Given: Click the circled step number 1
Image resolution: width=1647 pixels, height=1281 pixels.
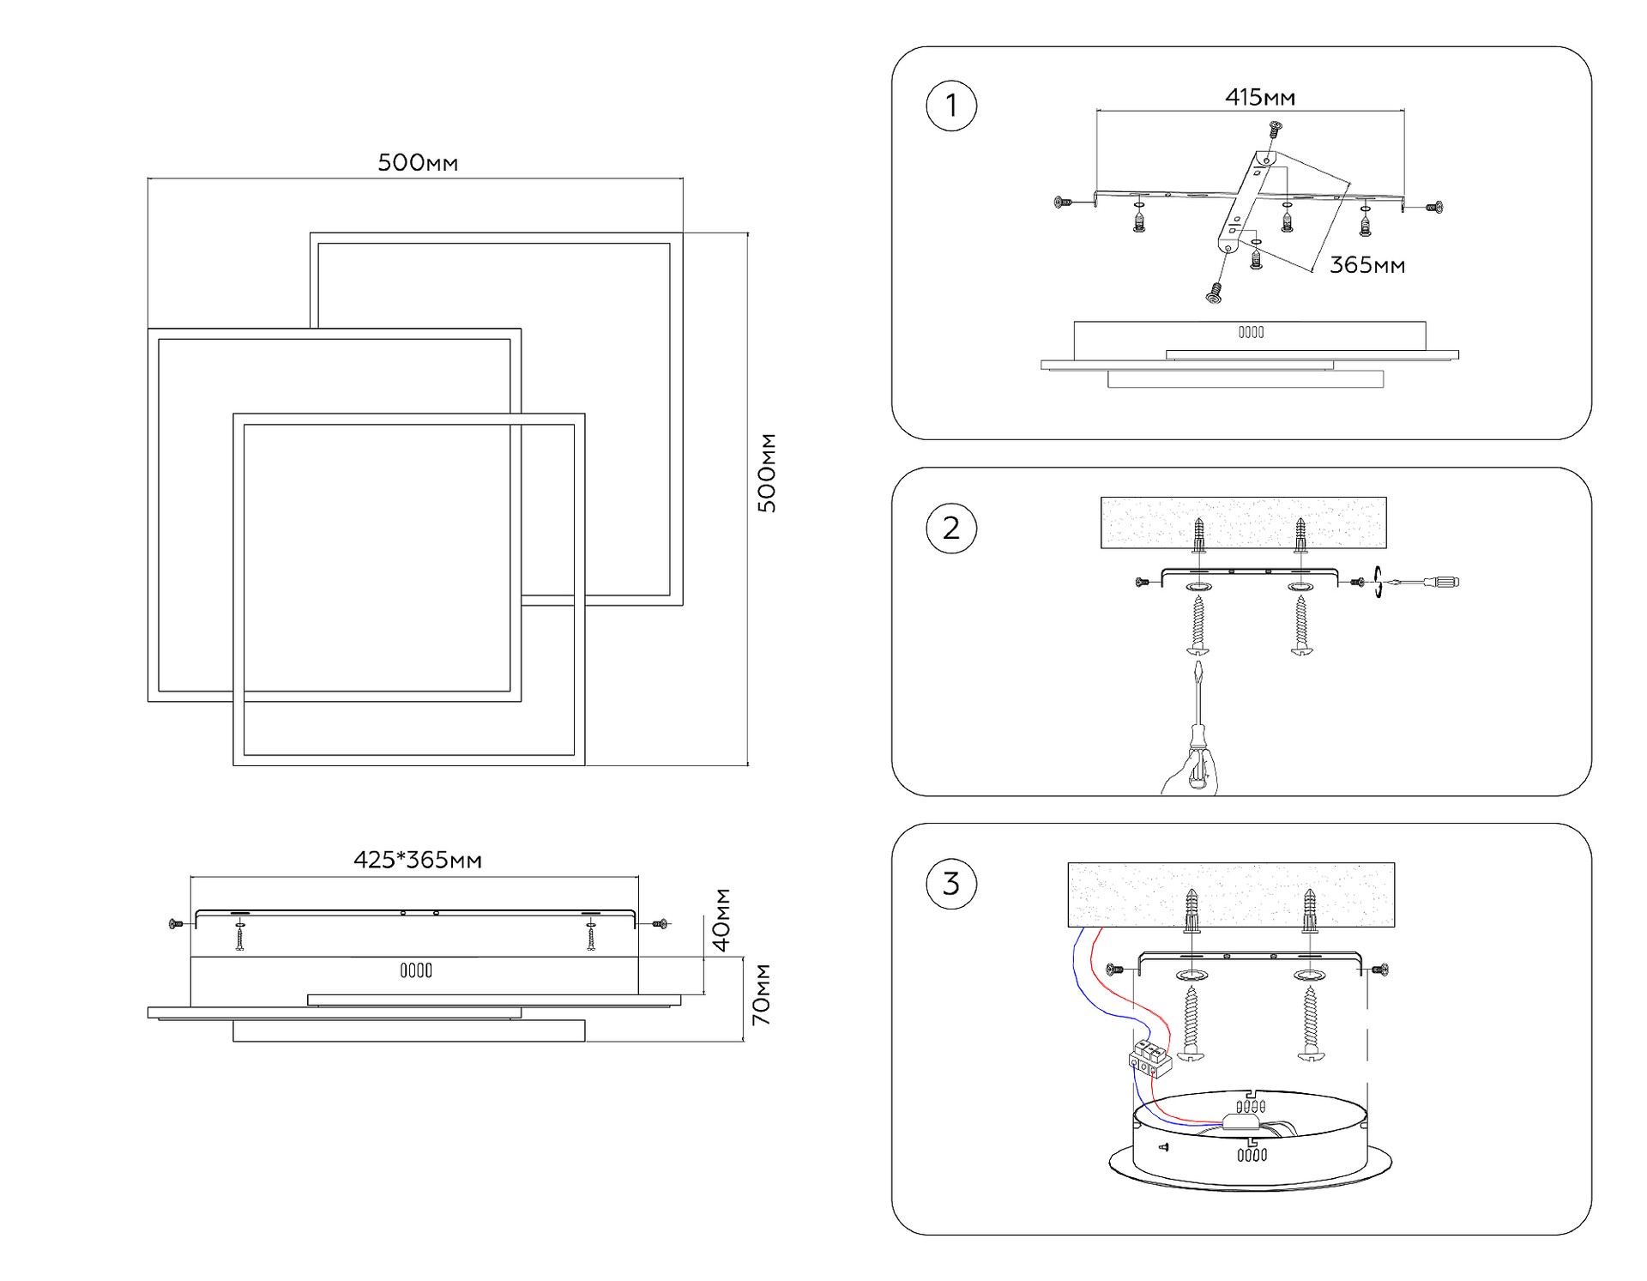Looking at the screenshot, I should coord(951,106).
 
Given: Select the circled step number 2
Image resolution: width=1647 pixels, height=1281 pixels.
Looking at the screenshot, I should coord(951,528).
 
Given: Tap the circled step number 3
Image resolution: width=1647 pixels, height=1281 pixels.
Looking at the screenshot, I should coord(951,884).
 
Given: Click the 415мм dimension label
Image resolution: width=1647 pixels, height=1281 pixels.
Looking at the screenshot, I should coord(1259,98).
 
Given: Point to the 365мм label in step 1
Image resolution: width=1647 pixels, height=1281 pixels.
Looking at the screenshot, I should coord(1366,265).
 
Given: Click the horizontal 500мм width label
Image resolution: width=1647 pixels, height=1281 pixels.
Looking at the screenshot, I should coord(418,163).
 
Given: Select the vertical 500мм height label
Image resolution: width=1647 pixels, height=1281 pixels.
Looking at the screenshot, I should coord(767,473).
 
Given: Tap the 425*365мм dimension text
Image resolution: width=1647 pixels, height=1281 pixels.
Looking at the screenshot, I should coord(418,860).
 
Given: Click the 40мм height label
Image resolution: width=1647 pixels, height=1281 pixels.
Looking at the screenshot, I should coord(721,920).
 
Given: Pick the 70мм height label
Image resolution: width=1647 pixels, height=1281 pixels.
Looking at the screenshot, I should coord(761,994).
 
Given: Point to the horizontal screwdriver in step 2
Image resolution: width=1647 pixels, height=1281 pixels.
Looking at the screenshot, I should coord(1425,583).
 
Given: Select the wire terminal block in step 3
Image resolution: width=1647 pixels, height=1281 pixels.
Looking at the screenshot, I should coord(1149,1057).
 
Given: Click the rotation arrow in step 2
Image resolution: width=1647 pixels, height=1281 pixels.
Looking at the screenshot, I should coord(1378,582).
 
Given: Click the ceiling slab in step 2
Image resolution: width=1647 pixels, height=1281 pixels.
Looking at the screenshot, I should coord(1243,522).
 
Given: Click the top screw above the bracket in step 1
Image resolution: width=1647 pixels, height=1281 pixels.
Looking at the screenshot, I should coord(1275,130).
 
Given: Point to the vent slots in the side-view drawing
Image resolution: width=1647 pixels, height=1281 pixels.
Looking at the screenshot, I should coord(416,970).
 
